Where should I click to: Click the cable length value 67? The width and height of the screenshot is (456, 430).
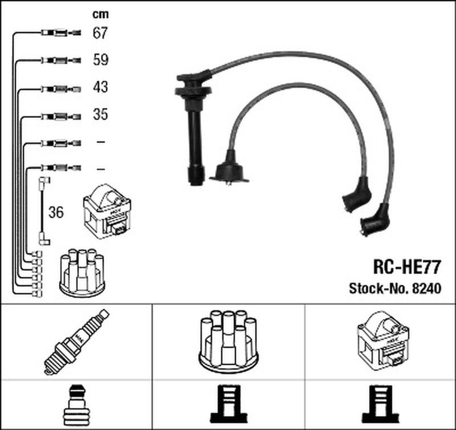coord(100,33)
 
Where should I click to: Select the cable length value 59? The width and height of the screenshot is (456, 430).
coord(100,60)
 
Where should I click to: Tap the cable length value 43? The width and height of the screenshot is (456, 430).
coord(100,87)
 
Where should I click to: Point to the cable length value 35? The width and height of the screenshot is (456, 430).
coord(100,115)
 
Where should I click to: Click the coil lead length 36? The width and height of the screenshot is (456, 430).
coord(56,213)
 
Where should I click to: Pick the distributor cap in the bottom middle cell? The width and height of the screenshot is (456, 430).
coord(228,340)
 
